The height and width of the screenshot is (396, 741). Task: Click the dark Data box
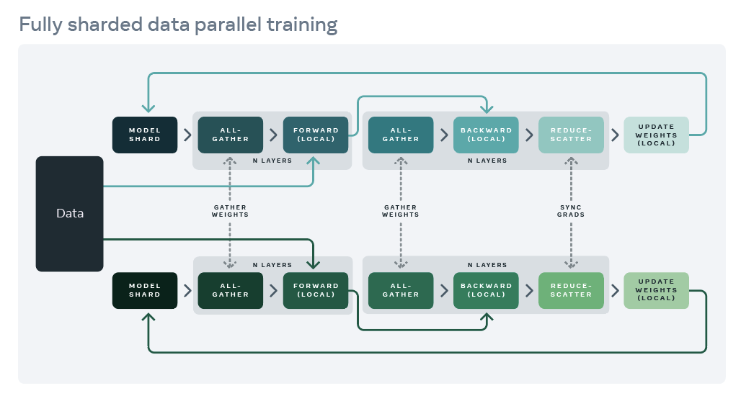[x=69, y=214]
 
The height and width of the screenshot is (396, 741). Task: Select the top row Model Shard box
[x=145, y=135]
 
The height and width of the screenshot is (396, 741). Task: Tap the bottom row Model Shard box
[x=145, y=290]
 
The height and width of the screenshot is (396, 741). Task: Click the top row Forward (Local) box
[x=316, y=135]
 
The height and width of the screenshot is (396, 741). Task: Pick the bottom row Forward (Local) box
[x=316, y=290]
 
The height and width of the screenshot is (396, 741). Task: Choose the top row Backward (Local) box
[x=486, y=135]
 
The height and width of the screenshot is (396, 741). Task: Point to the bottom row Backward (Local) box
[x=486, y=290]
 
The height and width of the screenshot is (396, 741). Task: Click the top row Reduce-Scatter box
[x=571, y=135]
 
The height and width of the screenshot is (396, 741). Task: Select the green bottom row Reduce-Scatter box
[x=571, y=290]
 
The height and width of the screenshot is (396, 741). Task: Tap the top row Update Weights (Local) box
[x=656, y=135]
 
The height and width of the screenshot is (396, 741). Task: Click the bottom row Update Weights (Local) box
[x=656, y=290]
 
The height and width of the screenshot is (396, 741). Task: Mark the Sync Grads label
[x=571, y=210]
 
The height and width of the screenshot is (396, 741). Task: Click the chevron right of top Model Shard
[x=187, y=135]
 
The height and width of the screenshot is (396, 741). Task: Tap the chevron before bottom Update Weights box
[x=614, y=290]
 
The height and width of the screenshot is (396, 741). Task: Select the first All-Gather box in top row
[x=231, y=135]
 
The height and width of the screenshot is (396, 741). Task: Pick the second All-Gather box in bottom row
[x=401, y=290]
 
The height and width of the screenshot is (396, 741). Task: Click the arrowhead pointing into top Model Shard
[x=148, y=109]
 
